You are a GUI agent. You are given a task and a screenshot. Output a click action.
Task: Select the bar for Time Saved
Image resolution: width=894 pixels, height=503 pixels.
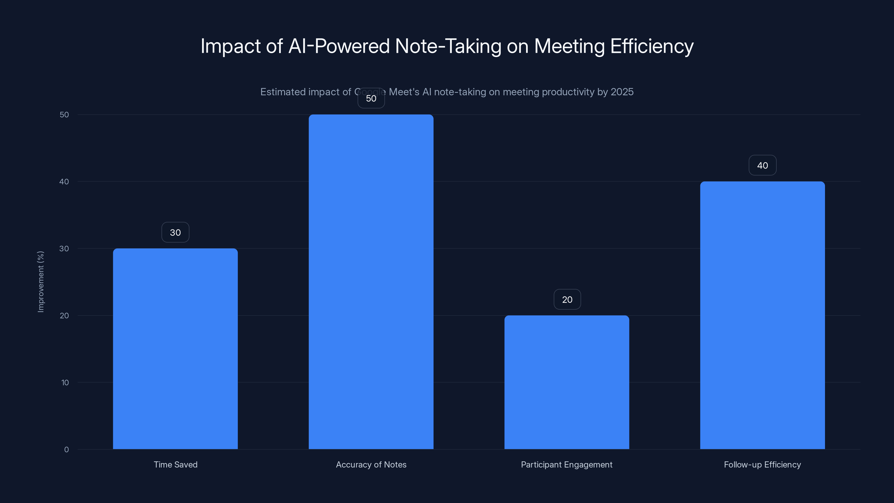[175, 348]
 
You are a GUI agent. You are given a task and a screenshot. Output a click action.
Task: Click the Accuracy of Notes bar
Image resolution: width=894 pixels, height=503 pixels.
[371, 281]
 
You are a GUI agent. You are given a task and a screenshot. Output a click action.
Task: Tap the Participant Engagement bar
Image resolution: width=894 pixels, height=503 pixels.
[567, 382]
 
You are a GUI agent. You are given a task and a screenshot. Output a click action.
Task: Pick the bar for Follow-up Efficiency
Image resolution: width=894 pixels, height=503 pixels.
[762, 315]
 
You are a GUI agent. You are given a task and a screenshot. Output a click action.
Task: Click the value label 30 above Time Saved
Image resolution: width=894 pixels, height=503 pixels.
[175, 232]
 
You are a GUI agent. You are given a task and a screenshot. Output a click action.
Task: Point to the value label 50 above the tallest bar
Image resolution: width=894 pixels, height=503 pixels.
[371, 98]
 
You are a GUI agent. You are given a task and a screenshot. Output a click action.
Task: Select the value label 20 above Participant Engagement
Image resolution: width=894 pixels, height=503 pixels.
[567, 299]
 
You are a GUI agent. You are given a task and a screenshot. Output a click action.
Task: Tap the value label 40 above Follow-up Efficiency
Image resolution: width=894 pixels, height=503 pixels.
[762, 165]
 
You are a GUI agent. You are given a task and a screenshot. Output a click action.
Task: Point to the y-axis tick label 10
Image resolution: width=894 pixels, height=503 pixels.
[65, 383]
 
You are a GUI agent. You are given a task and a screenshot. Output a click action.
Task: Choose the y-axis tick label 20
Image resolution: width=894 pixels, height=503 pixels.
[64, 315]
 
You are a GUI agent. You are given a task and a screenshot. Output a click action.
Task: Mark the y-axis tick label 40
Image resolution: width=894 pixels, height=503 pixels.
[64, 182]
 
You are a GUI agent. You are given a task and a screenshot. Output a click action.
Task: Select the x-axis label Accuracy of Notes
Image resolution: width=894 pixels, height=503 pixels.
[371, 464]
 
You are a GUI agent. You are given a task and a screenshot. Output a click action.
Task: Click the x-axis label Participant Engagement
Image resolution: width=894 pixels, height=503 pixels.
[567, 464]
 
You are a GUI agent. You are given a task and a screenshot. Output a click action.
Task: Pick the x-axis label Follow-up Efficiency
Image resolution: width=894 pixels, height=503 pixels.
[762, 464]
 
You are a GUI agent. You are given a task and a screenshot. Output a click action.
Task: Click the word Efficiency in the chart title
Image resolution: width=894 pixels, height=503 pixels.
[652, 46]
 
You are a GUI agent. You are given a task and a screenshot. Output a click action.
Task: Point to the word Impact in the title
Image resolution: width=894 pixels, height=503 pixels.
[230, 46]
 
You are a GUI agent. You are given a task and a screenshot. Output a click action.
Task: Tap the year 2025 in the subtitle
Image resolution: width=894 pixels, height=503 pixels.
[622, 92]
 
